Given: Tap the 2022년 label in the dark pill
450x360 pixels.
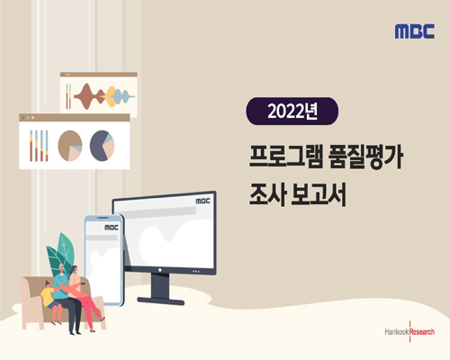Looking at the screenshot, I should (x=292, y=112).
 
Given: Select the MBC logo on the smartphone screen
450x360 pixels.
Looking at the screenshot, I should (x=110, y=229).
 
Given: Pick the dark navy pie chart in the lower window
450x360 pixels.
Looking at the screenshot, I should (x=100, y=144).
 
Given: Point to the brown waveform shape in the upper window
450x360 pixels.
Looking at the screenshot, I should (x=87, y=94).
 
